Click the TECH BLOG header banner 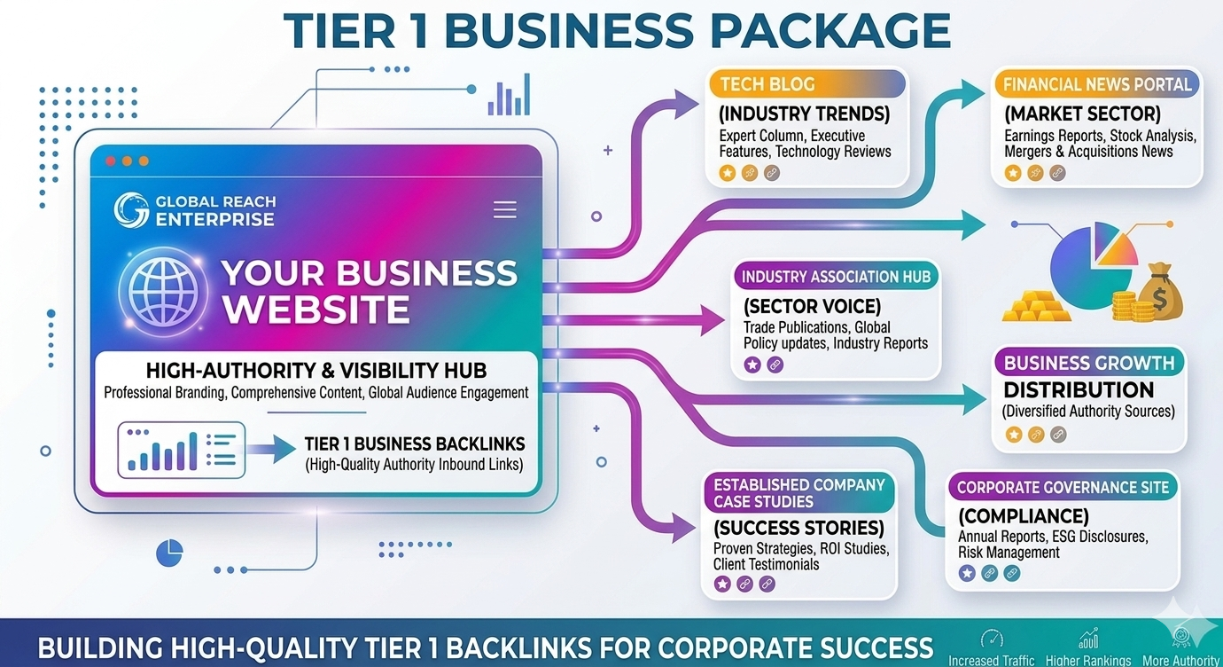coord(807,84)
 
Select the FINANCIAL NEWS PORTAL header coord(1097,84)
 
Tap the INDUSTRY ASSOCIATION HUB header coord(836,277)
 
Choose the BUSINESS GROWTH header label coord(1089,363)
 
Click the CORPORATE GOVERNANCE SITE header coord(1063,487)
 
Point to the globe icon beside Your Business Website coord(163,291)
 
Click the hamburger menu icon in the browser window coord(505,210)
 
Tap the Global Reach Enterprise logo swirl coord(131,209)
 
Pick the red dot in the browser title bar coord(110,161)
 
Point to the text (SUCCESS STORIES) coord(798,528)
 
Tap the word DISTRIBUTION coord(1079,390)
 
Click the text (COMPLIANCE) coord(1024,515)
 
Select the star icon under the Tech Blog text coord(728,173)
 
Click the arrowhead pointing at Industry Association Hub coord(713,320)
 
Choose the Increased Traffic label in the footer coord(992,661)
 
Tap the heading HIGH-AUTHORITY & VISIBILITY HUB coord(316,371)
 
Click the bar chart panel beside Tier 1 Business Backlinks coord(182,450)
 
